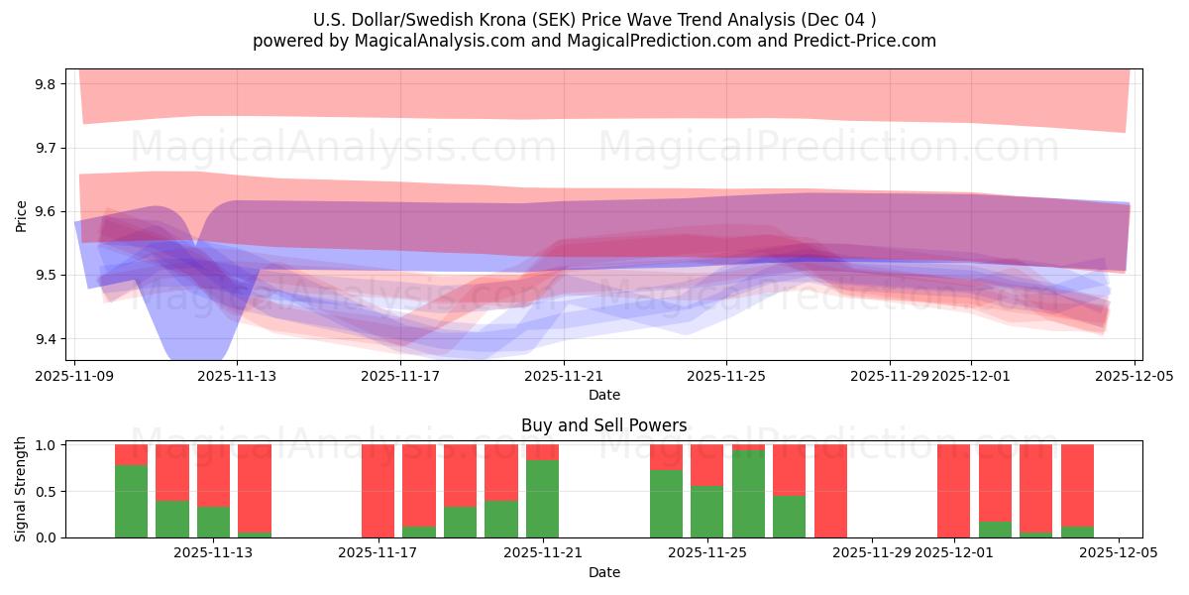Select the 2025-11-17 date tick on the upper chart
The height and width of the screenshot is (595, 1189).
tap(400, 376)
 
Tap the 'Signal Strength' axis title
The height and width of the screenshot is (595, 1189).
tap(21, 489)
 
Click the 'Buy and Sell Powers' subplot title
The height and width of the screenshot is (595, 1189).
tap(603, 425)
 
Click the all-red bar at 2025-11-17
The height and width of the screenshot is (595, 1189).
tap(378, 491)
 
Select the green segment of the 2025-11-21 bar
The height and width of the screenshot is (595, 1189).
tap(542, 499)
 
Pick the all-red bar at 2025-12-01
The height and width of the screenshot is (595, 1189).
tap(953, 491)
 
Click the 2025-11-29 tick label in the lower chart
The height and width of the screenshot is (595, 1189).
tap(872, 552)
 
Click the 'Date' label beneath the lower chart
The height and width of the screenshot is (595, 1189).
tap(603, 572)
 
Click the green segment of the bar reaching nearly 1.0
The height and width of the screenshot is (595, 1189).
tap(748, 494)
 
